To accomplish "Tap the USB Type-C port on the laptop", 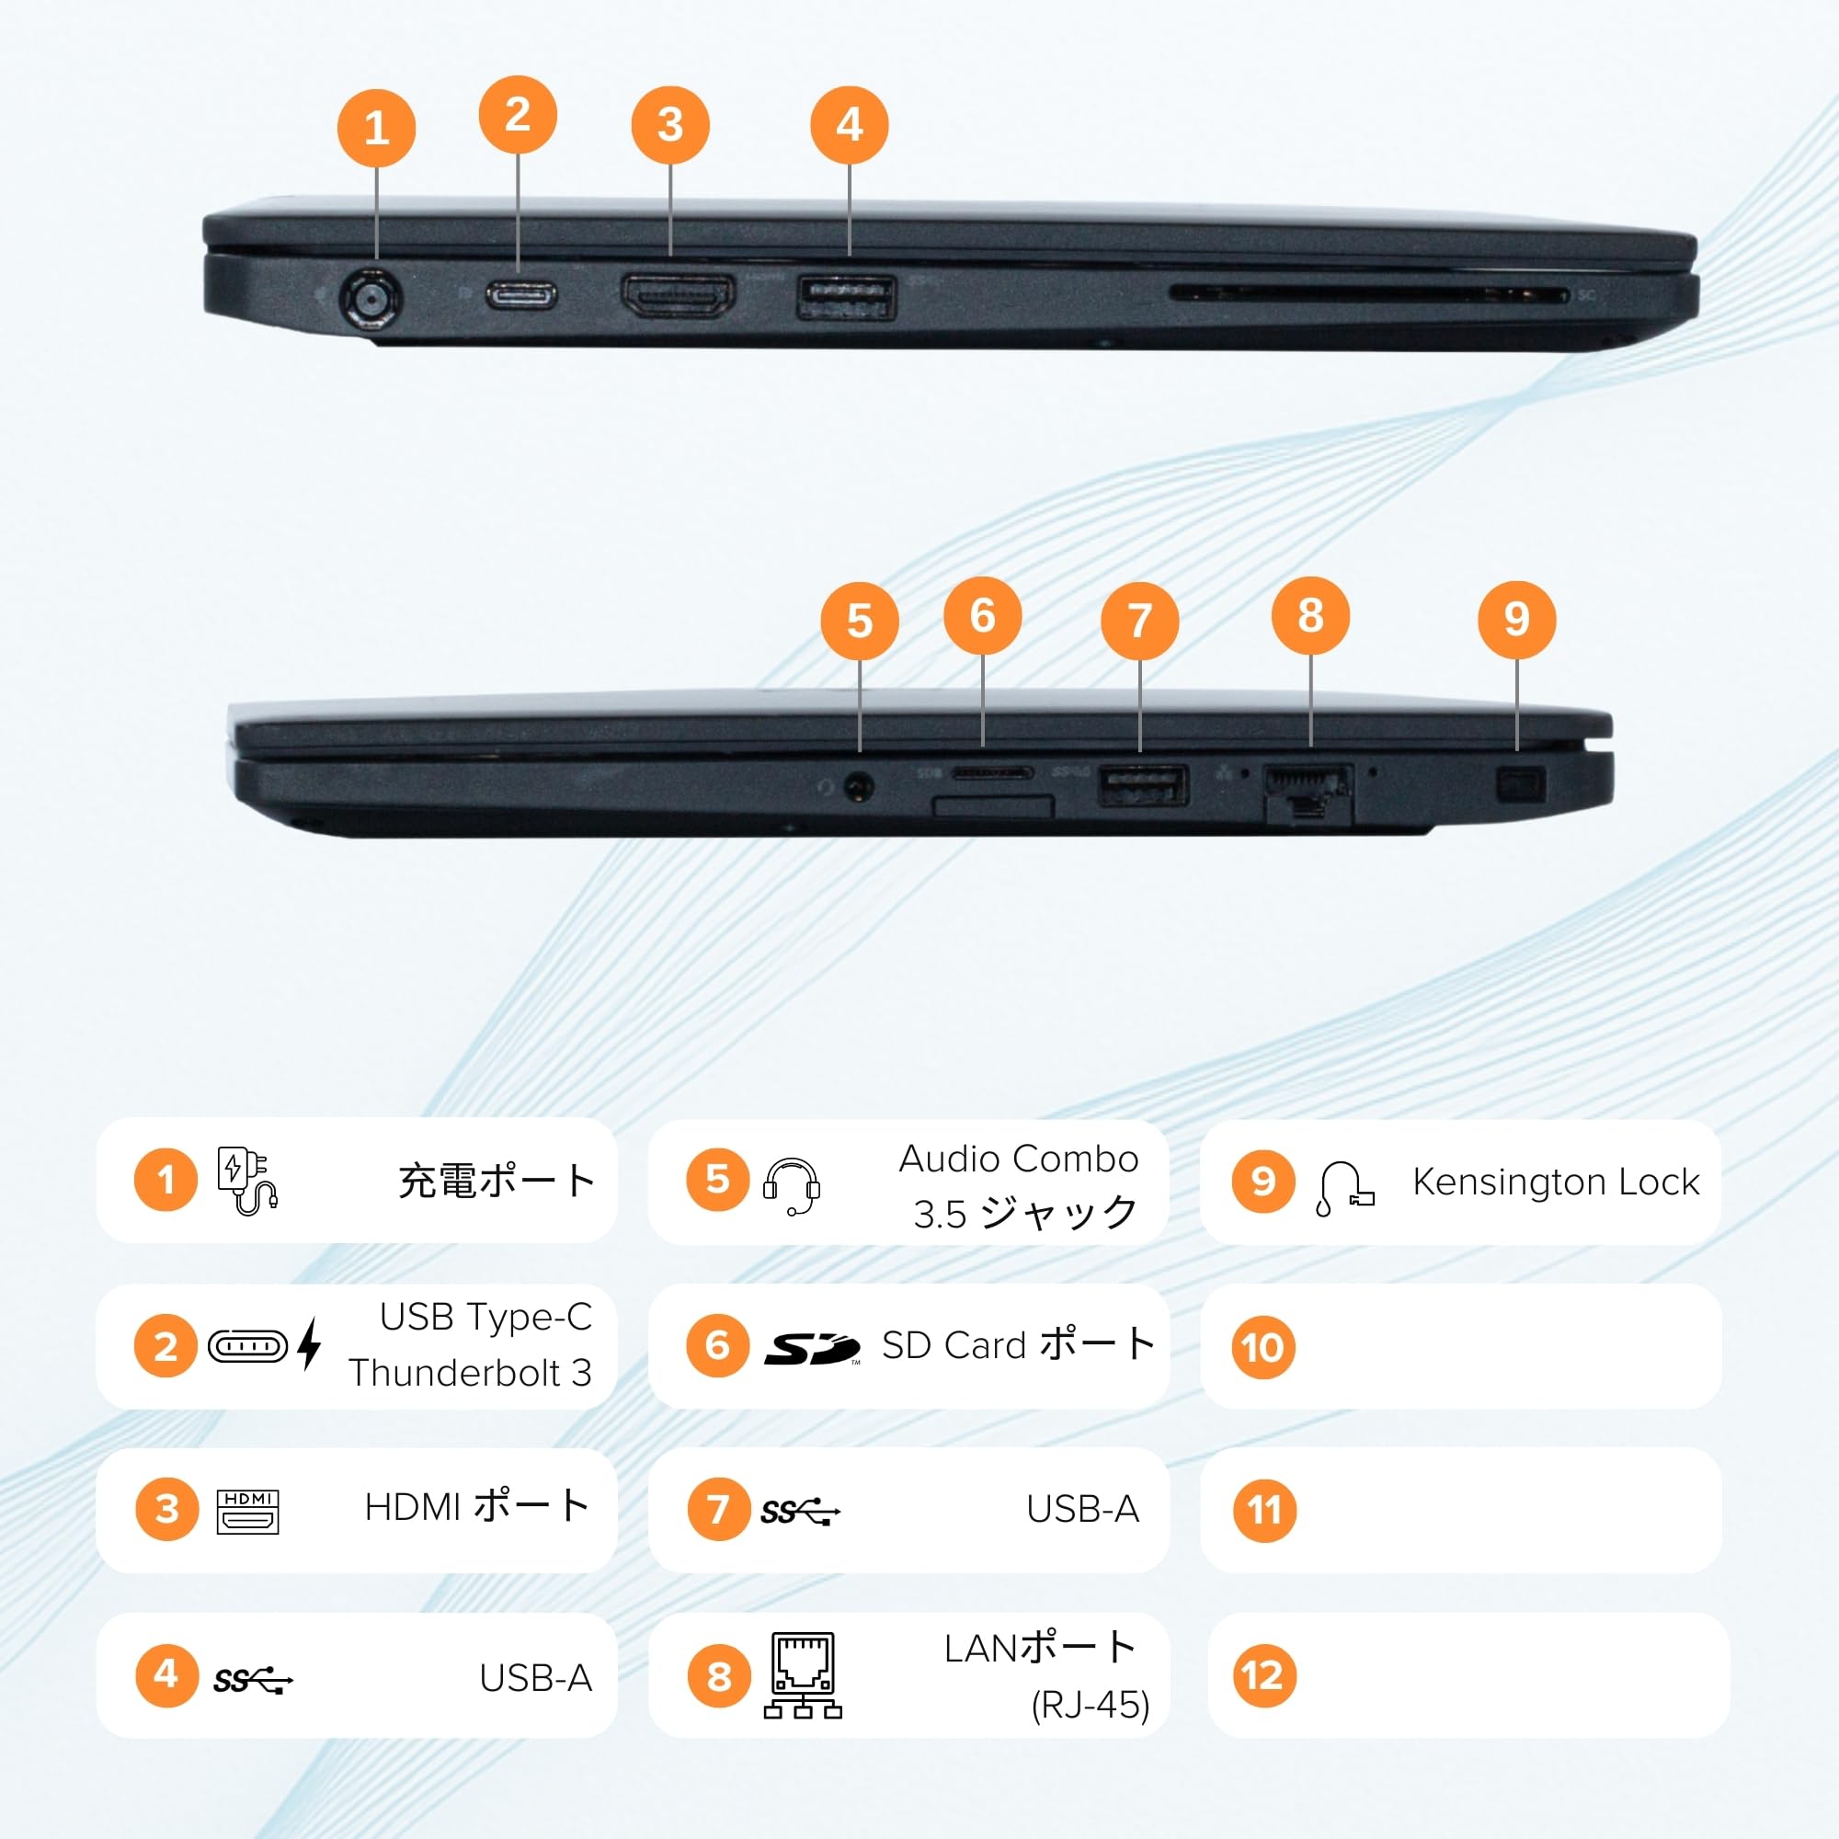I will pos(521,295).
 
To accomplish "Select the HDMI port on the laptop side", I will pos(678,294).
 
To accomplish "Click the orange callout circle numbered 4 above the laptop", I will pos(849,125).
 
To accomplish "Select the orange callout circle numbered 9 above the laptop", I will pos(1516,620).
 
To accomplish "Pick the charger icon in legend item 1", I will pos(246,1181).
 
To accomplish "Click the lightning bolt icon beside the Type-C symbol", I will pos(309,1344).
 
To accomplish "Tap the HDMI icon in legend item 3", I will pos(247,1511).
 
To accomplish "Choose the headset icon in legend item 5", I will pos(791,1186).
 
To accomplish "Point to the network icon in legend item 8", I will pos(803,1676).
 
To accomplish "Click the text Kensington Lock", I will pos(1556,1182).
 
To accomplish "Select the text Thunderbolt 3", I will pos(470,1373).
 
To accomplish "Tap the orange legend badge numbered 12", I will pos(1262,1675).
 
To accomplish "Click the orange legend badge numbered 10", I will pos(1262,1347).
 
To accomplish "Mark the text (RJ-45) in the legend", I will pos(1090,1705).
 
